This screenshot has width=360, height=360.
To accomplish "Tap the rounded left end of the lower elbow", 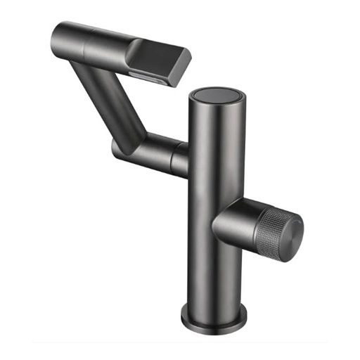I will pyautogui.click(x=116, y=148).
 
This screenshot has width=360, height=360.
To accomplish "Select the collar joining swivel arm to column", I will pyautogui.click(x=181, y=155).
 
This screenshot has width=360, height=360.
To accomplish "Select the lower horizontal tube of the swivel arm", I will pyautogui.click(x=151, y=149).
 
